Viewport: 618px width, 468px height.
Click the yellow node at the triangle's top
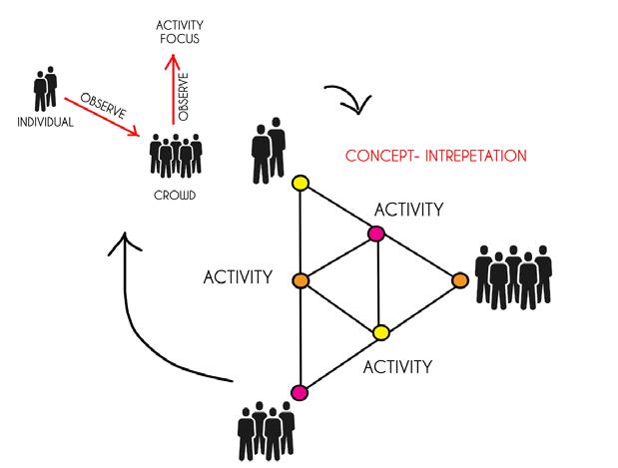pyautogui.click(x=299, y=184)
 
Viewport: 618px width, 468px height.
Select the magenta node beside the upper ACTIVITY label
pyautogui.click(x=376, y=234)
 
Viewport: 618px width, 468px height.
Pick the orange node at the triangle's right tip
pyautogui.click(x=460, y=280)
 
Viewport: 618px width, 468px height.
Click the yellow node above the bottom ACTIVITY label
pyautogui.click(x=379, y=331)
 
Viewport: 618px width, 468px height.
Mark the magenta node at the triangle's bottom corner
pyautogui.click(x=299, y=391)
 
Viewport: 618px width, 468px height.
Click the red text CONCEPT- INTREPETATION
pyautogui.click(x=434, y=157)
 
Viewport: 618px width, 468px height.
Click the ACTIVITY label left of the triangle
pyautogui.click(x=238, y=276)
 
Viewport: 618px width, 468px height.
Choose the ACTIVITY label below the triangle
pyautogui.click(x=396, y=366)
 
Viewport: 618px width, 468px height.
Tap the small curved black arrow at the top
pyautogui.click(x=349, y=98)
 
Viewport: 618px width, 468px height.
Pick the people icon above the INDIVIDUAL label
pyautogui.click(x=44, y=90)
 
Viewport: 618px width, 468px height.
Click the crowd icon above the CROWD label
pyautogui.click(x=175, y=158)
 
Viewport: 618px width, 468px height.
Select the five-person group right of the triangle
pyautogui.click(x=513, y=275)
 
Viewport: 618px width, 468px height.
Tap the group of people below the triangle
pyautogui.click(x=266, y=431)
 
